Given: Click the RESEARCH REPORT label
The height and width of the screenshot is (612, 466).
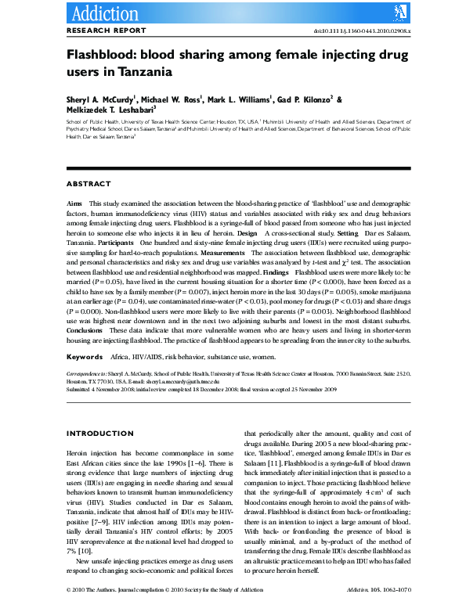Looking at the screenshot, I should (x=107, y=31).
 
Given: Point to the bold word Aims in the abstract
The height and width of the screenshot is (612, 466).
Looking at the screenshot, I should (x=74, y=202).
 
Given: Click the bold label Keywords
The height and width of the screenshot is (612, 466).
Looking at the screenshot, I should (x=84, y=356).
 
